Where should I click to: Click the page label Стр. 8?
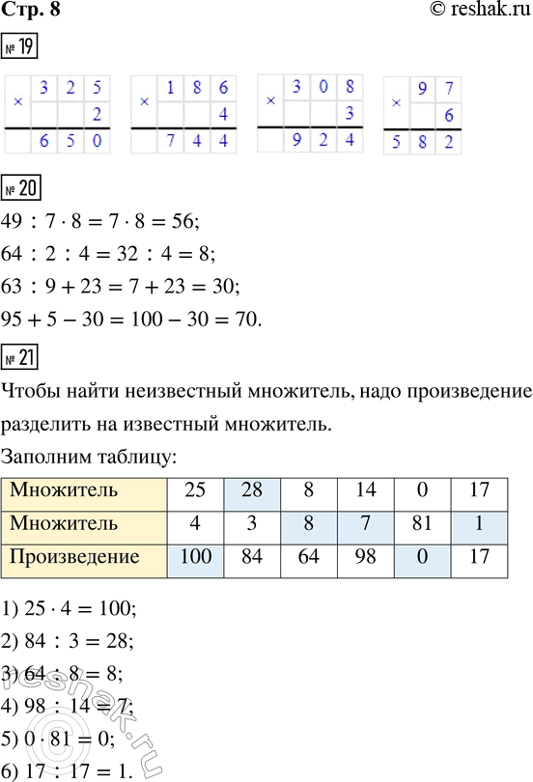click(28, 11)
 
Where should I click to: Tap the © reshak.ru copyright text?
click(473, 11)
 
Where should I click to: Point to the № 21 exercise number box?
click(21, 359)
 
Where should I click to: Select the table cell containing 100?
click(195, 557)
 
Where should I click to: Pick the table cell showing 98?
click(365, 557)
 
